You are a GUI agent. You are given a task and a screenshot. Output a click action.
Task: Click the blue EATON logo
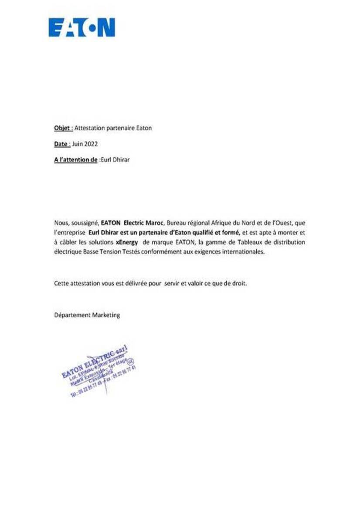[x=82, y=27]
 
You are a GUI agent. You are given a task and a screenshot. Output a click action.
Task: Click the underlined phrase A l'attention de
[x=75, y=160]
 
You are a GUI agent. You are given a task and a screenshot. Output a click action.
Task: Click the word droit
[x=239, y=283]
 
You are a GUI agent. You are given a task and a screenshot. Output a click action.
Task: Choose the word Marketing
[x=106, y=314]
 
